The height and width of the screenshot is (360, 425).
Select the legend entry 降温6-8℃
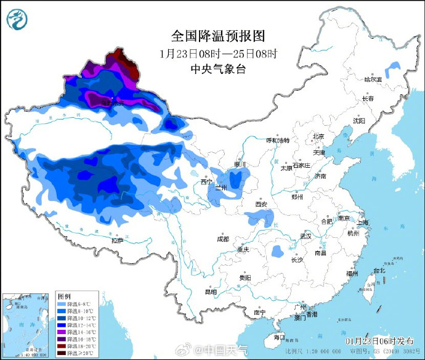tap(77, 304)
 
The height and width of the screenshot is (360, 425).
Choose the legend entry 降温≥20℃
tap(78, 353)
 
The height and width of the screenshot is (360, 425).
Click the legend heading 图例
tap(65, 297)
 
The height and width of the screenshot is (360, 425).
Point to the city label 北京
tap(318, 137)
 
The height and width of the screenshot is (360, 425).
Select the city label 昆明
tap(211, 292)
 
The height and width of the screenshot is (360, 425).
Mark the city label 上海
tap(363, 223)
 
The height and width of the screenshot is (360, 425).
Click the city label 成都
tap(222, 239)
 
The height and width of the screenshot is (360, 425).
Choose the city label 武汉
tap(306, 236)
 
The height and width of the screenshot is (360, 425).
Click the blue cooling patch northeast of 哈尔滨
tap(390, 66)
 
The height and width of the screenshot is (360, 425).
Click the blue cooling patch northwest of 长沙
tap(277, 251)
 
